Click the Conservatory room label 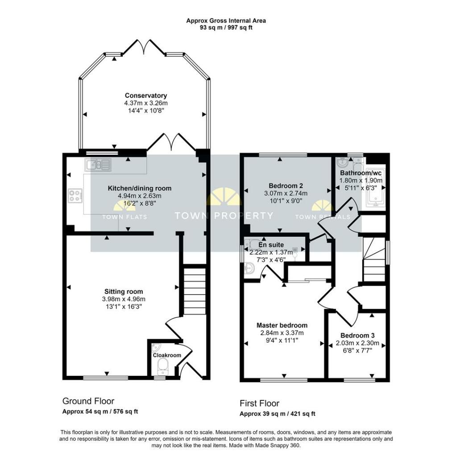pyautogui.click(x=145, y=96)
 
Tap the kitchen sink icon pyautogui.click(x=98, y=165)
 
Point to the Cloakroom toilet pyautogui.click(x=163, y=366)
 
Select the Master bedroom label pyautogui.click(x=282, y=325)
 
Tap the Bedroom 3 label pyautogui.click(x=357, y=336)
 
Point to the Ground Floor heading pyautogui.click(x=88, y=401)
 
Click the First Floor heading pyautogui.click(x=259, y=403)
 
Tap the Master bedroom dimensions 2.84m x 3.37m pyautogui.click(x=282, y=332)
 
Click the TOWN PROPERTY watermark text pyautogui.click(x=224, y=216)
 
